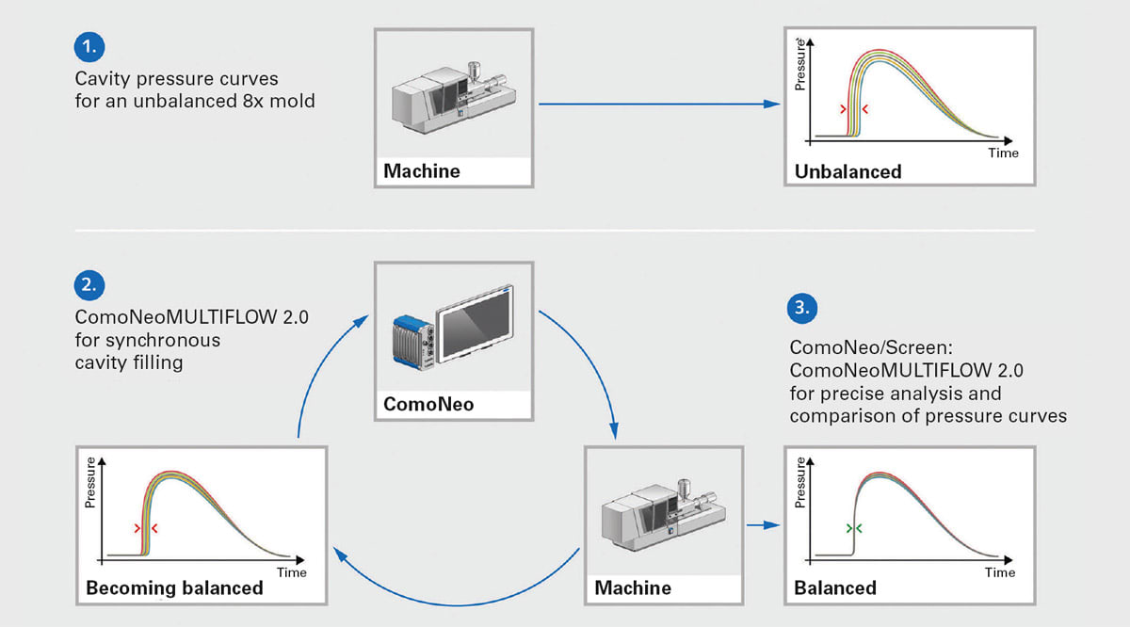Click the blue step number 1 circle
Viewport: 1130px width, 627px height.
coord(89,45)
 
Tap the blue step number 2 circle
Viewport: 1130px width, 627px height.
coord(89,285)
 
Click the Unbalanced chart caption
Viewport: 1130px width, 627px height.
coord(847,171)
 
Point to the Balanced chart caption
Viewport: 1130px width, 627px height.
coord(835,588)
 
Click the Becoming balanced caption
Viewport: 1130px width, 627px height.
coord(174,588)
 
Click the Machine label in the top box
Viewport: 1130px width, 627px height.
coord(422,171)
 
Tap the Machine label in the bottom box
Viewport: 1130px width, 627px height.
coord(633,588)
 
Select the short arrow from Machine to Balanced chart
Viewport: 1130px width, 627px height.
coord(761,525)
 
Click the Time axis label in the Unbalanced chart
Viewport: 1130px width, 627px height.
coord(1003,153)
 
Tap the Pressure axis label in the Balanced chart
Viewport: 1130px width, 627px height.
coord(801,482)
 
